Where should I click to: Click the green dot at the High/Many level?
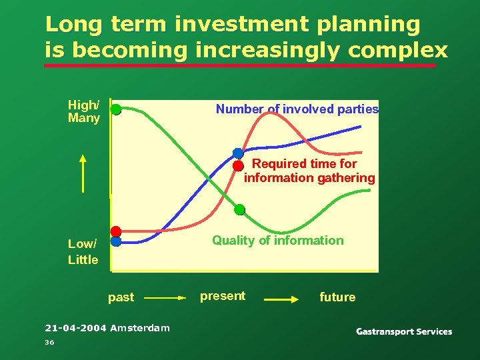[x=116, y=109]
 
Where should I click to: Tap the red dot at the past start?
[x=116, y=231]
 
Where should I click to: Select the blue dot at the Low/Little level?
[x=116, y=242]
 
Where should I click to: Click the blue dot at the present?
[x=238, y=153]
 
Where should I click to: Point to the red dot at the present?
[x=238, y=165]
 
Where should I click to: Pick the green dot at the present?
[x=240, y=210]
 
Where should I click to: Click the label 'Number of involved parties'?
[x=297, y=109]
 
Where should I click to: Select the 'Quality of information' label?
[x=278, y=241]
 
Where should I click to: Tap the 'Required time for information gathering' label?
[x=309, y=171]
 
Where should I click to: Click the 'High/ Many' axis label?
[x=84, y=111]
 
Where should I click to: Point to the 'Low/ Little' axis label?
[x=83, y=251]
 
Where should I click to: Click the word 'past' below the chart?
[x=121, y=297]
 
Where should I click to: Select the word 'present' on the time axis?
[x=223, y=296]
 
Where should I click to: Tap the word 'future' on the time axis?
[x=337, y=297]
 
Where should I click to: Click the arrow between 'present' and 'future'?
[x=281, y=300]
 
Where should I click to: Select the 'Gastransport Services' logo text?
[x=404, y=331]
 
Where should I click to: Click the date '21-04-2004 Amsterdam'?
[x=107, y=327]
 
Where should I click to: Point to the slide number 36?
[x=49, y=342]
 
